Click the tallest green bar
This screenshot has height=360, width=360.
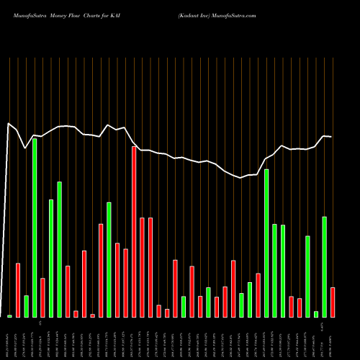point(35,228)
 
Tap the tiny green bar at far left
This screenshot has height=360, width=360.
point(10,316)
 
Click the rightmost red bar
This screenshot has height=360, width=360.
point(333,302)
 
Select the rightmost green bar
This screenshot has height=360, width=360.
point(325,267)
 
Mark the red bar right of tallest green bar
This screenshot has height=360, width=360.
point(43,297)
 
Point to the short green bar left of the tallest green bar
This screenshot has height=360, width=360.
point(26,306)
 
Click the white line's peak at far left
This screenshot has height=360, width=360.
point(9,124)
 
